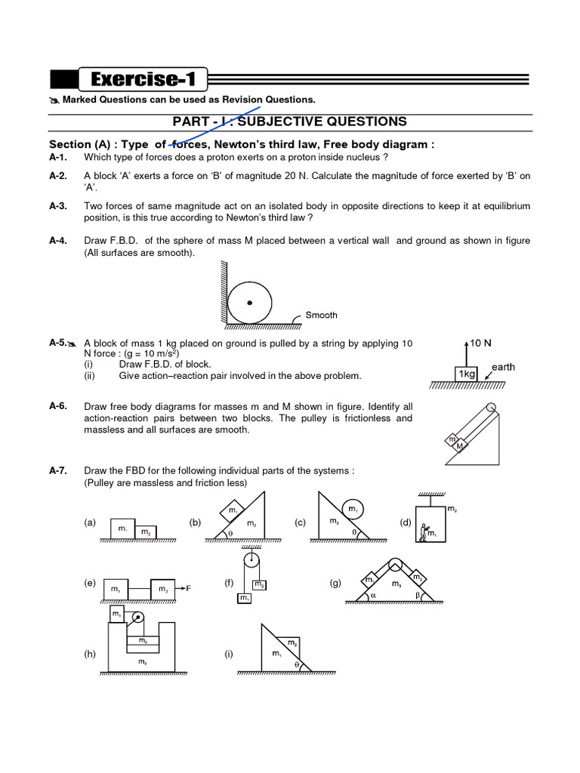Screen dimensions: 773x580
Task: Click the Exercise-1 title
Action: click(x=143, y=79)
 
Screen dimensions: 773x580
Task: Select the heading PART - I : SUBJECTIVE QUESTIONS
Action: click(x=290, y=122)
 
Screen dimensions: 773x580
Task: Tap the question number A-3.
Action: click(x=58, y=206)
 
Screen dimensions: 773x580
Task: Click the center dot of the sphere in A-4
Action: click(x=249, y=303)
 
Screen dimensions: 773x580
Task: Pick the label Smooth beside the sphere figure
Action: click(x=321, y=316)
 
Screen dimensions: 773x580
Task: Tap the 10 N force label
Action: click(x=481, y=343)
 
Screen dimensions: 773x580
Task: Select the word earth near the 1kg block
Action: click(x=503, y=367)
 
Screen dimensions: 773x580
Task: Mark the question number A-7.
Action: click(x=58, y=470)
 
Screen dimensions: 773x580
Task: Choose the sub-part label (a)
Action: click(x=91, y=522)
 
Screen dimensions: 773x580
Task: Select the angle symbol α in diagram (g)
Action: click(x=372, y=595)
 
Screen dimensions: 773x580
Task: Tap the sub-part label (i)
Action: click(x=228, y=654)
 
